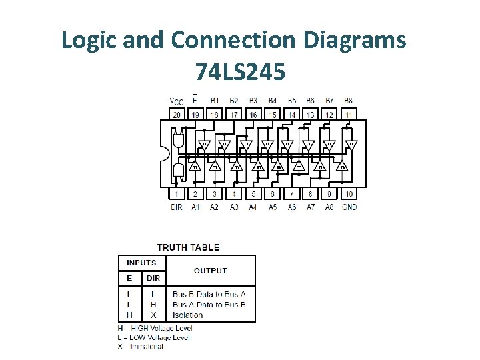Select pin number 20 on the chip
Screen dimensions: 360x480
coord(177,115)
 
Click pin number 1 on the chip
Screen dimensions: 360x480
coord(177,194)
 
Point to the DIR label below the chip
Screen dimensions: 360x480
coord(177,207)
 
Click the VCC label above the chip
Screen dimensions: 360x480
coord(177,101)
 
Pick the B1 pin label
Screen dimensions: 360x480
coord(215,101)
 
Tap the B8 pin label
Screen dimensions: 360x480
coord(349,101)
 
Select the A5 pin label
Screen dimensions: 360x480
coord(273,207)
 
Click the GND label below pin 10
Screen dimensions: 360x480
coord(349,207)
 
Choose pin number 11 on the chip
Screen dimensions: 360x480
coord(349,115)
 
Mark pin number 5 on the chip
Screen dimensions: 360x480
coord(253,194)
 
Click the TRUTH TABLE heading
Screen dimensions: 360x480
coord(188,247)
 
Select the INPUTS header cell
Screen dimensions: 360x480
coord(141,263)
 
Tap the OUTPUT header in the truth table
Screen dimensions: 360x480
coord(210,271)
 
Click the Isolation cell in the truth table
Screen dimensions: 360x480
coord(187,315)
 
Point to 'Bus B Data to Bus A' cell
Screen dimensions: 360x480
coord(209,294)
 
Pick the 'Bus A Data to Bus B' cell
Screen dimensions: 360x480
coord(209,305)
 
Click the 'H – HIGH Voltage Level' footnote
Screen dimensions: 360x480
coord(155,328)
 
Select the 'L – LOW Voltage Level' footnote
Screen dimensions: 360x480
coord(154,337)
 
